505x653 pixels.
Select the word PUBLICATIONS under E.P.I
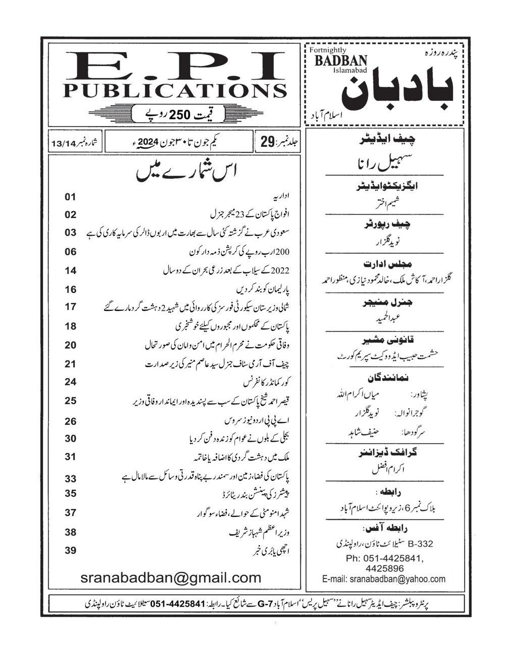coord(174,91)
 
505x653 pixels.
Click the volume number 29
coord(266,142)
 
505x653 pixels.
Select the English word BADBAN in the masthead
coord(341,61)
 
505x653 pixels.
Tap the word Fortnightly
coord(327,50)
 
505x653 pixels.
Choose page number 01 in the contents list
coord(70,196)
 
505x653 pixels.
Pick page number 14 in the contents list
coord(70,270)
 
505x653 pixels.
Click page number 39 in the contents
coord(70,550)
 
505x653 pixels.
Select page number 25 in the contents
coord(70,401)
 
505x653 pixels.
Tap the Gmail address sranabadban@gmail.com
coord(170,578)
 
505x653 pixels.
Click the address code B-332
coord(420,543)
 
